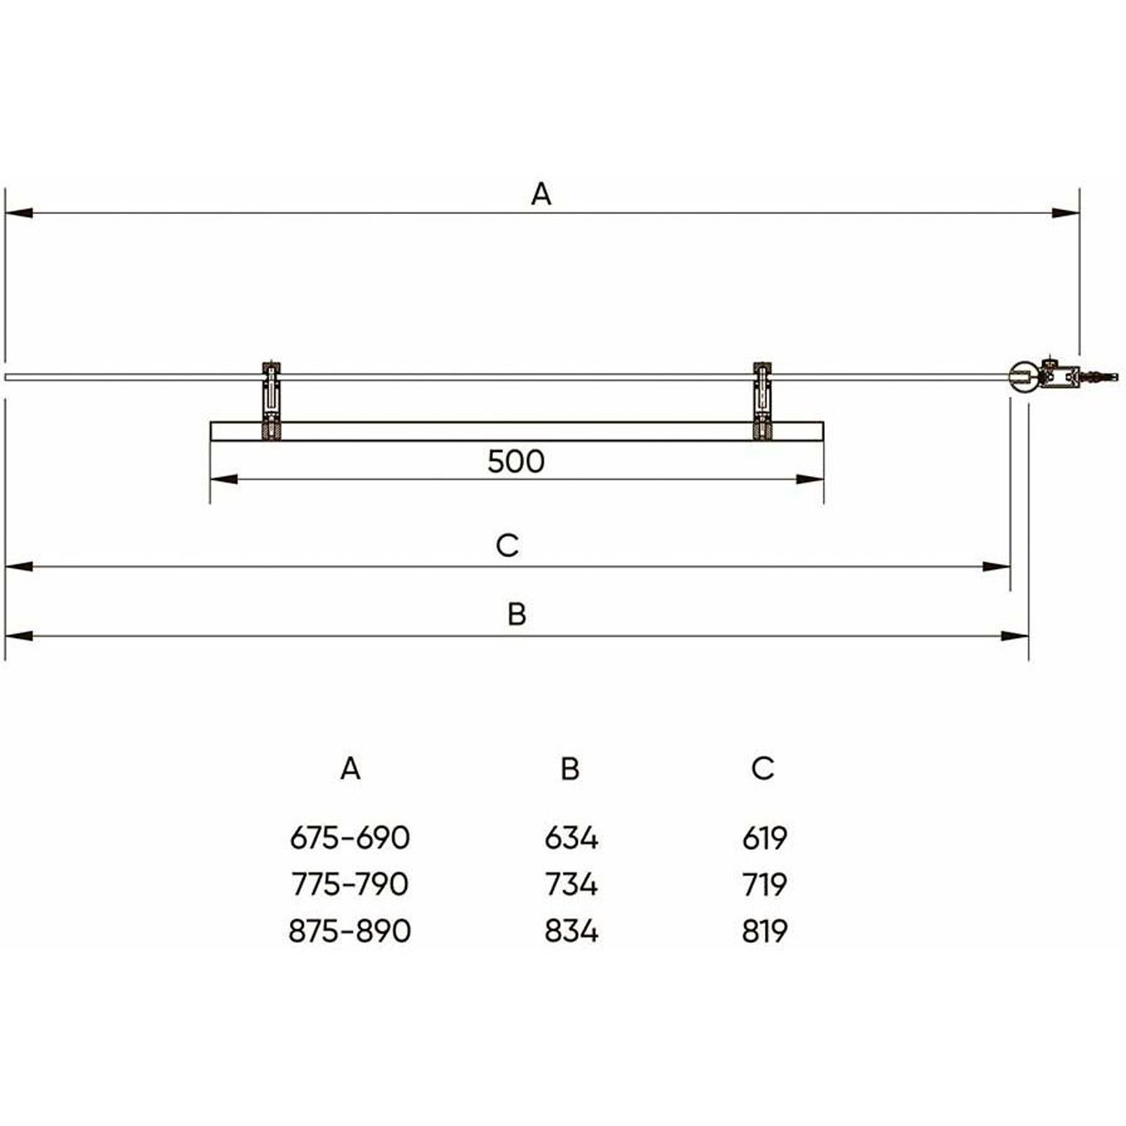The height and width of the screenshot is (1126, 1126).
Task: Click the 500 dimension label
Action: click(516, 461)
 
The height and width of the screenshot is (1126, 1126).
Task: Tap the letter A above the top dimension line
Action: click(541, 194)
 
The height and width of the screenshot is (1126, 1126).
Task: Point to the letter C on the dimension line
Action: click(507, 545)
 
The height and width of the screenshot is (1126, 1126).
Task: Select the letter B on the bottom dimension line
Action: click(516, 614)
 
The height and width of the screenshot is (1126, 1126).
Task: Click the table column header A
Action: click(350, 768)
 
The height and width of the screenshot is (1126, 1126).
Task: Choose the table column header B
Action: click(570, 768)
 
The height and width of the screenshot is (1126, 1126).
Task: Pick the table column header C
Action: click(763, 768)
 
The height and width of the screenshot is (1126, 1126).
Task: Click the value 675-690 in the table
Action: click(350, 838)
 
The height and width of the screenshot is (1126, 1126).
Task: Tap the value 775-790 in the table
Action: click(350, 884)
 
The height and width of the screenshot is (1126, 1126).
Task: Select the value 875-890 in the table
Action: click(350, 931)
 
